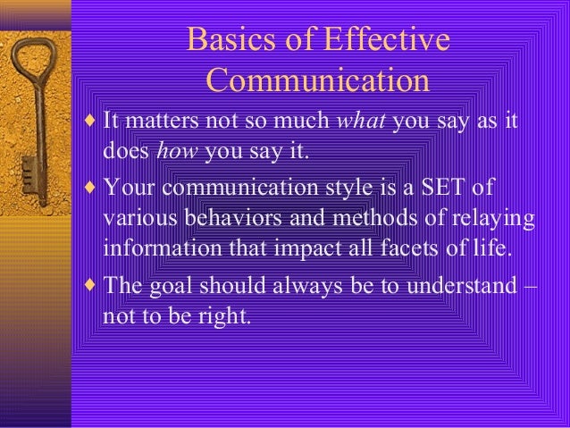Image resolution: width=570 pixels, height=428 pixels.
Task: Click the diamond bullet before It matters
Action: coord(91,121)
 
